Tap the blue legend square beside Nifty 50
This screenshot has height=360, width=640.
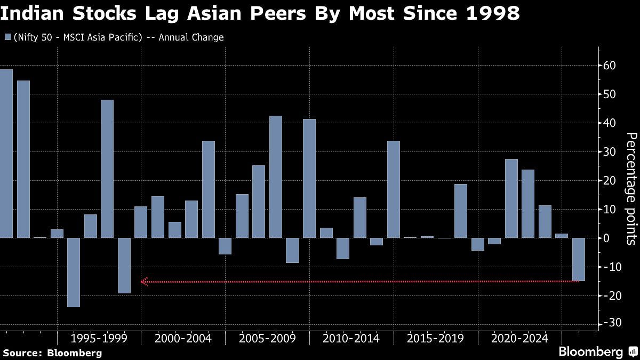[x=7, y=37]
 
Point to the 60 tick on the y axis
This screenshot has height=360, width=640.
[x=610, y=66]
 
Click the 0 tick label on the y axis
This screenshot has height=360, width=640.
[x=607, y=238]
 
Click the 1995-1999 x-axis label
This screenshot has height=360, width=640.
[x=99, y=338]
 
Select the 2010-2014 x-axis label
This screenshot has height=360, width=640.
[x=351, y=338]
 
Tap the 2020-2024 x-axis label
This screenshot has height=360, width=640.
[x=519, y=338]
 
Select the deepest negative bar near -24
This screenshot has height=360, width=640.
[x=74, y=272]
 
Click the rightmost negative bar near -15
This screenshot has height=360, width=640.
[x=579, y=259]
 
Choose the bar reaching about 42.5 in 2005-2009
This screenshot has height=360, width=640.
[x=276, y=177]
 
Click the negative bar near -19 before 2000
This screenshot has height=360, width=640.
[x=124, y=265]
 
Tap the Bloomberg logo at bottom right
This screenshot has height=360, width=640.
[x=591, y=352]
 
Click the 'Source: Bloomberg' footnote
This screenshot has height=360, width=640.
[x=52, y=353]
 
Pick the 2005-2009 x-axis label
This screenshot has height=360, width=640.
[x=267, y=338]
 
